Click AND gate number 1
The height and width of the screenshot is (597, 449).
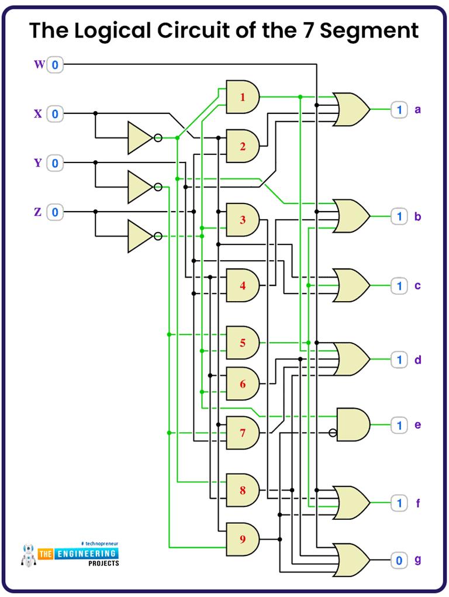[x=242, y=96]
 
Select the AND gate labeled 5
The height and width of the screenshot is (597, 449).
[x=242, y=343]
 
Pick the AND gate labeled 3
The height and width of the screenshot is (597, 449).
[x=242, y=220]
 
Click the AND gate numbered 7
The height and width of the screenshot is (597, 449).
[x=242, y=433]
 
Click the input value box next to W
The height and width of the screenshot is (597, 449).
[x=55, y=65]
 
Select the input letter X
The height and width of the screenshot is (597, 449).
[x=38, y=114]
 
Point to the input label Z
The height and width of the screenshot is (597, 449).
[x=38, y=212]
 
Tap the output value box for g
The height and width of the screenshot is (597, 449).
[x=399, y=561]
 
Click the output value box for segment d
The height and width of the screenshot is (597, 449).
[x=399, y=360]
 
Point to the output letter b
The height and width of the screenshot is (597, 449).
[x=417, y=217]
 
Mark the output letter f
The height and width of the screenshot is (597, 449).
[x=417, y=503]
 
